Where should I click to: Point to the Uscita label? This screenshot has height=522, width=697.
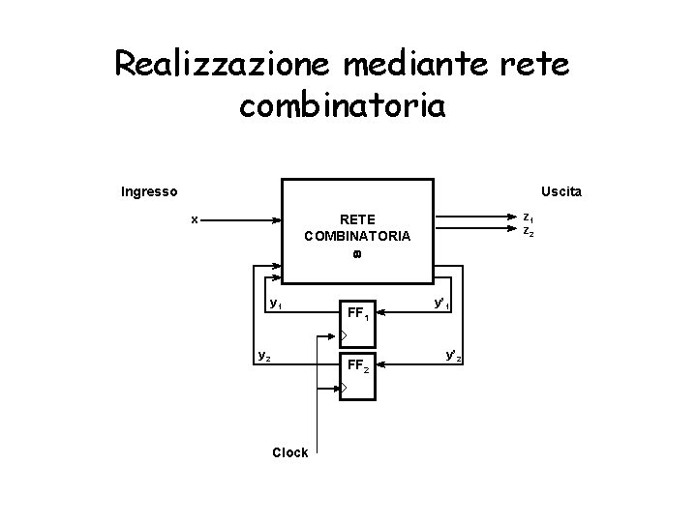pyautogui.click(x=561, y=191)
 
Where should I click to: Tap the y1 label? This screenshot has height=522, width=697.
pyautogui.click(x=276, y=304)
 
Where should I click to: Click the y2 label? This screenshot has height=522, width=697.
pyautogui.click(x=263, y=354)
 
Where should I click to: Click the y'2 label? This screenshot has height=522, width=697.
pyautogui.click(x=453, y=356)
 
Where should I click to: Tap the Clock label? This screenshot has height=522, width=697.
pyautogui.click(x=290, y=452)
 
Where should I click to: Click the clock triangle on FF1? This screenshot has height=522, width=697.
pyautogui.click(x=343, y=335)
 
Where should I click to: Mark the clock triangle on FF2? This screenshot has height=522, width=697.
pyautogui.click(x=343, y=389)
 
